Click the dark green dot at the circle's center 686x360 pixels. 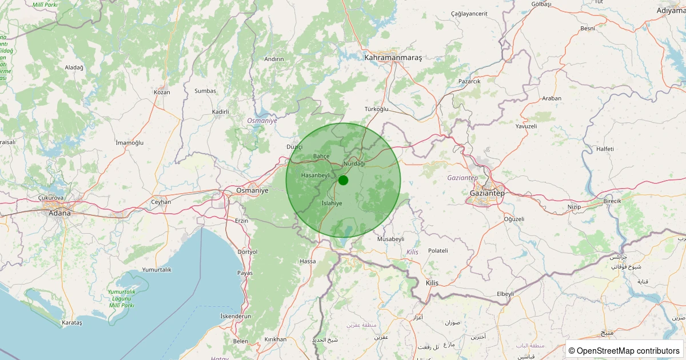point(343,180)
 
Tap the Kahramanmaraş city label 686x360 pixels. point(393,58)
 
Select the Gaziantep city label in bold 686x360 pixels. point(487,193)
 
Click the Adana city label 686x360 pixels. point(59,213)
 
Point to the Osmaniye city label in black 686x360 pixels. point(252,190)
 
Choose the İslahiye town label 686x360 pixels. point(332,203)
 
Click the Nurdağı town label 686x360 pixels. point(354,163)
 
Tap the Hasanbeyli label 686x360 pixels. point(316,175)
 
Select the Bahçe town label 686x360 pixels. point(321,156)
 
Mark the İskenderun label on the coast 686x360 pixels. point(236,316)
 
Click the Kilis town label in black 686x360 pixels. point(432,283)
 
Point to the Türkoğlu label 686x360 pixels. point(376,109)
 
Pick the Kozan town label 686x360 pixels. point(162,92)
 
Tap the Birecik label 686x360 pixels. point(615,202)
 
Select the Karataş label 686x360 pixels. point(71,323)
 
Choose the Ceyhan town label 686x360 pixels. point(161,202)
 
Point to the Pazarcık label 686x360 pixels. point(469,81)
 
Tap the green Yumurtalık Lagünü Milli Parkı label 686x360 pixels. point(121,298)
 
